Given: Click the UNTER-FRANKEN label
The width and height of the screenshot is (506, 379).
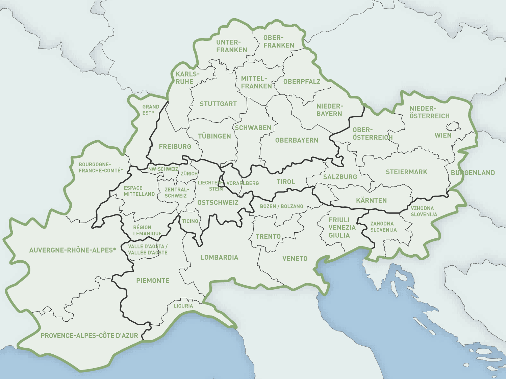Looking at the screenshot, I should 232,46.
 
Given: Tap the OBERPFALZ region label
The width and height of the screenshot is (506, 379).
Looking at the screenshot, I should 302,82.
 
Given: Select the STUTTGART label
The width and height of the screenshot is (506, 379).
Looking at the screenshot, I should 218,104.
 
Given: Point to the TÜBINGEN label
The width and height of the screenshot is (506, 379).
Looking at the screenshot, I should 214,136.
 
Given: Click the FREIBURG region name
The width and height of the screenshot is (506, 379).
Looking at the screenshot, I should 175,147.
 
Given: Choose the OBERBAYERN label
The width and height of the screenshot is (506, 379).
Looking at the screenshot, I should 297,140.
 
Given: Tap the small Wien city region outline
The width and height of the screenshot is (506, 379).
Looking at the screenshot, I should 453,126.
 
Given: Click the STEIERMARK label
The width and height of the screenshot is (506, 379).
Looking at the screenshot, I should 406,172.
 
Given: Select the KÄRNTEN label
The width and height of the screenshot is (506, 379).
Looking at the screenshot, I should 371,201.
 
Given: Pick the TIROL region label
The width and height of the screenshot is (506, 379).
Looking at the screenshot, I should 286,182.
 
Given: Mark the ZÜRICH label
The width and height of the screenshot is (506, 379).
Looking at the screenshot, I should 189,174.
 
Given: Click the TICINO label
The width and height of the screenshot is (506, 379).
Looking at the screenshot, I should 190,221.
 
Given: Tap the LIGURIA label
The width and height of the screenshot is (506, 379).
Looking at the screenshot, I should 183,306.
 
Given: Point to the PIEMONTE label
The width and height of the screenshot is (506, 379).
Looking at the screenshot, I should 153,281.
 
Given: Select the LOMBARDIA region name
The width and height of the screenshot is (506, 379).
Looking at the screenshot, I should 219,258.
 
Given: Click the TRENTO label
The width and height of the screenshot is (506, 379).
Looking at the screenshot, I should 268,236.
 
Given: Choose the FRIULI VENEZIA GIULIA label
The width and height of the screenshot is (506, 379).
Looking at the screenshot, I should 342,228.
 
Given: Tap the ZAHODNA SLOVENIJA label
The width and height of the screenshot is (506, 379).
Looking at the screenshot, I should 383,227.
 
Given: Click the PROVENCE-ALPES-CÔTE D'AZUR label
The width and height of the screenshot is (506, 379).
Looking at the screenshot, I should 89,336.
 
